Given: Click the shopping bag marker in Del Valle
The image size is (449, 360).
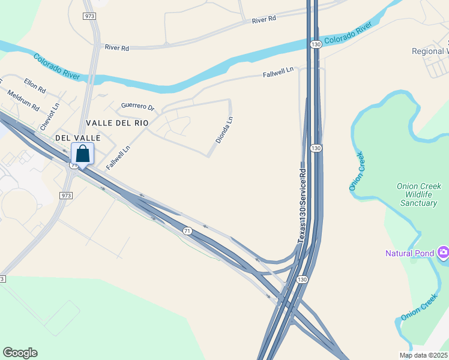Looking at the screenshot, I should point(82,154).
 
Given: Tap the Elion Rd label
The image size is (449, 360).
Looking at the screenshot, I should point(35,85).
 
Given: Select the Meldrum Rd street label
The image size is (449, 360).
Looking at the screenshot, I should point(23,101).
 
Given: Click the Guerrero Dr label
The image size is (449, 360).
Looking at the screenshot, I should point(137,106).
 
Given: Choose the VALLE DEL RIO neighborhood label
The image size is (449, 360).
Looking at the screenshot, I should point(117,122).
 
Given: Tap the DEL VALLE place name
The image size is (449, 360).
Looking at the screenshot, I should point(76,137).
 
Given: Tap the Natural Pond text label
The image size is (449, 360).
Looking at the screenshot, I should point(409,253).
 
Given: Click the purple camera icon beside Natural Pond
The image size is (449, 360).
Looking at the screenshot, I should point(443,253).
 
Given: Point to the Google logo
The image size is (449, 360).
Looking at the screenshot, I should point(20,353).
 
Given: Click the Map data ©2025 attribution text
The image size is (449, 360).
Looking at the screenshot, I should point(423,355).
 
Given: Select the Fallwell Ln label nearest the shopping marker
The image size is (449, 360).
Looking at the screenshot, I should point(118,158).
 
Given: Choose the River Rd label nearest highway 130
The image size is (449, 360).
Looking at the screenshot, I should point(264,19).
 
